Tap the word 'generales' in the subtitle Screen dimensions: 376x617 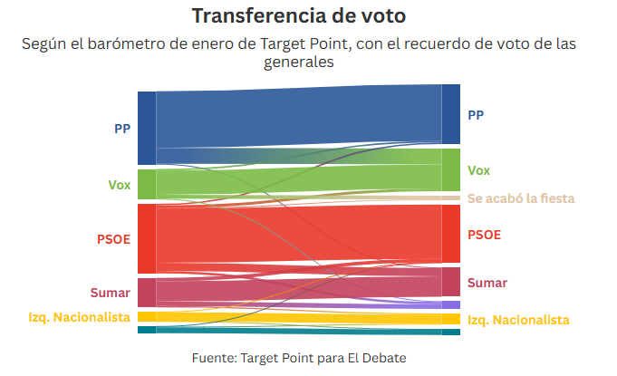tap(299, 63)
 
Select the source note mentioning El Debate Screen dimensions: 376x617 tap(299, 358)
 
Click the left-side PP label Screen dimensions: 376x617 tap(122, 129)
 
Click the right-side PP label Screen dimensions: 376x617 tap(476, 115)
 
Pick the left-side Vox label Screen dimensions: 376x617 tap(120, 185)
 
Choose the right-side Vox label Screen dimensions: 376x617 tap(478, 170)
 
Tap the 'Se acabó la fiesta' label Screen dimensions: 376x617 tap(520, 198)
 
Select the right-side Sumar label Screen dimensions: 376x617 tap(487, 283)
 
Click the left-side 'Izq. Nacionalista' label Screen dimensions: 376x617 tap(80, 316)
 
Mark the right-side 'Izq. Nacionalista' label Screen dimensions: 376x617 tap(518, 320)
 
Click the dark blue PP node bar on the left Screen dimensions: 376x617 tap(147, 128)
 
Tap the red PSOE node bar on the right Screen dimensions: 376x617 tap(450, 234)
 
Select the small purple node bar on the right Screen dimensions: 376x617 tap(450, 305)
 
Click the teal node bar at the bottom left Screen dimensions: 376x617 tap(147, 330)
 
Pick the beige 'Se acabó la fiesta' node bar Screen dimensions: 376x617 tap(450, 198)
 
